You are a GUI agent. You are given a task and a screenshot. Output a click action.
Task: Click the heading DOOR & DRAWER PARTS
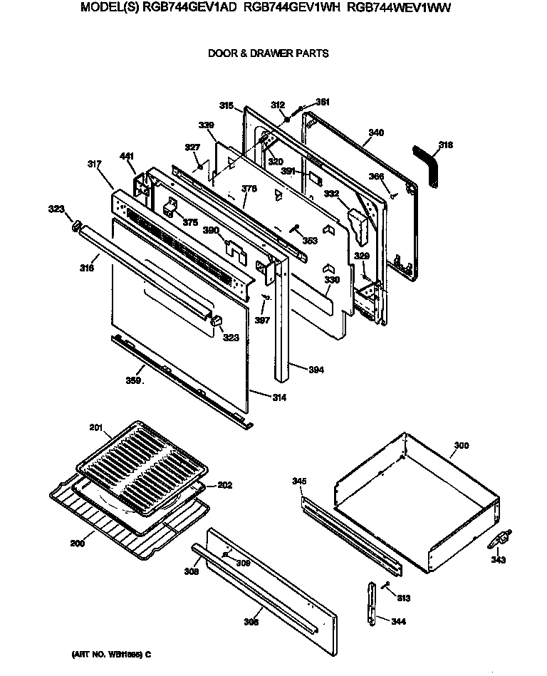click(x=268, y=53)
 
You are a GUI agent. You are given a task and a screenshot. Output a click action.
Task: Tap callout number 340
click(x=376, y=132)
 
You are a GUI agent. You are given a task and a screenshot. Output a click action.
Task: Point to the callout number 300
click(x=461, y=445)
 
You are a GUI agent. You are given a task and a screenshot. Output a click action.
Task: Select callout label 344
click(x=399, y=621)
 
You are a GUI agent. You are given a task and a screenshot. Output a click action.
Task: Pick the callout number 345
click(x=299, y=482)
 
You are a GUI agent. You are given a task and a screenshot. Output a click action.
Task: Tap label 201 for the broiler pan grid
click(x=96, y=427)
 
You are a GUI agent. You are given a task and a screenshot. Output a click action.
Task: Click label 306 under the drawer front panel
click(x=251, y=621)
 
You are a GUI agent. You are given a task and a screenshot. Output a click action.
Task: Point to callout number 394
click(x=317, y=369)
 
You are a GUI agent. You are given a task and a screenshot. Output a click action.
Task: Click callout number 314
click(x=278, y=397)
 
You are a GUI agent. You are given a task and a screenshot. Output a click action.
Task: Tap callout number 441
click(x=126, y=157)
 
